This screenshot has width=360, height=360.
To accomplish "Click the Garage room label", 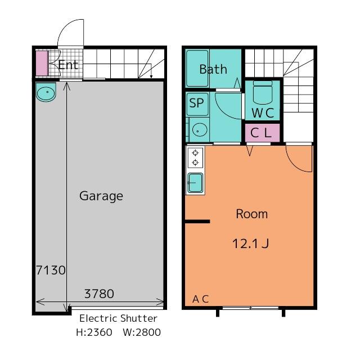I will pyautogui.click(x=101, y=196).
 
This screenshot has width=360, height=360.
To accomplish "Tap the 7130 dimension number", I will pyautogui.click(x=51, y=270).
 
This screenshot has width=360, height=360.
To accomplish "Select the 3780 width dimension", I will pyautogui.click(x=99, y=293).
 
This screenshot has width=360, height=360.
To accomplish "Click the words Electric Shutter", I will pyautogui.click(x=118, y=318).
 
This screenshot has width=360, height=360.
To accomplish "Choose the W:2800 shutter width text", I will pyautogui.click(x=142, y=332).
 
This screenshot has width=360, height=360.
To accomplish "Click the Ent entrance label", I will pyautogui.click(x=69, y=65).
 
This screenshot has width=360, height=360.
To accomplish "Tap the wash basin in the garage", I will pyautogui.click(x=46, y=93).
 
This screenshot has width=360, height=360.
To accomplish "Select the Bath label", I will pyautogui.click(x=213, y=69).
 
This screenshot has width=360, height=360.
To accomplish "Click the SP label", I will pyautogui.click(x=196, y=103).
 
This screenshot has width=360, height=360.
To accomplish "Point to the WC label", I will pyautogui.click(x=262, y=112).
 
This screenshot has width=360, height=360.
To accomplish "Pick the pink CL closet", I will pyautogui.click(x=262, y=133).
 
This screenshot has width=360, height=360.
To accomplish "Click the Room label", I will pyautogui.click(x=251, y=214).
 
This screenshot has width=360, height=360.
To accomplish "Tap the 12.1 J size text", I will pyautogui.click(x=251, y=244).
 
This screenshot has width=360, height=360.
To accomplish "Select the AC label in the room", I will pyautogui.click(x=200, y=299).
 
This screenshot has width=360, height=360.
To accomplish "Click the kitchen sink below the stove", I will pyautogui.click(x=195, y=183).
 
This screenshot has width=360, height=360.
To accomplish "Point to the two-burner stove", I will pyautogui.click(x=195, y=157).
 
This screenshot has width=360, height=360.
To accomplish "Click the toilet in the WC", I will pyautogui.click(x=263, y=92).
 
